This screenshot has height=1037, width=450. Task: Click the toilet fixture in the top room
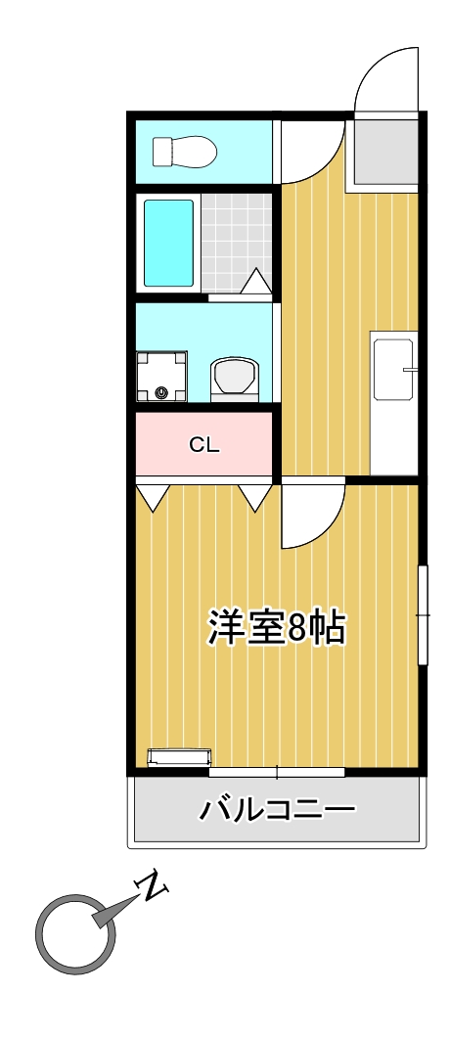point(183,151)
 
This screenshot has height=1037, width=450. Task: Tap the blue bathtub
point(168,243)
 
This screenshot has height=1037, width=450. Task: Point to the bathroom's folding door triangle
point(256,283)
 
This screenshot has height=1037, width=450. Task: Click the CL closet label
point(204,445)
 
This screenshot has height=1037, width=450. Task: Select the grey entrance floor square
point(385,153)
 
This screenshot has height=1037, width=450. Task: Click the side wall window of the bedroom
point(423,614)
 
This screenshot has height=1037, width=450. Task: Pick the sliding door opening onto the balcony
point(277,772)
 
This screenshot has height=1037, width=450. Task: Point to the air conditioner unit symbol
point(179,756)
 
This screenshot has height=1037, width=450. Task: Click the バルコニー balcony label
point(277,810)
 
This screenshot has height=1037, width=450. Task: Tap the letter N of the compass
point(152,886)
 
